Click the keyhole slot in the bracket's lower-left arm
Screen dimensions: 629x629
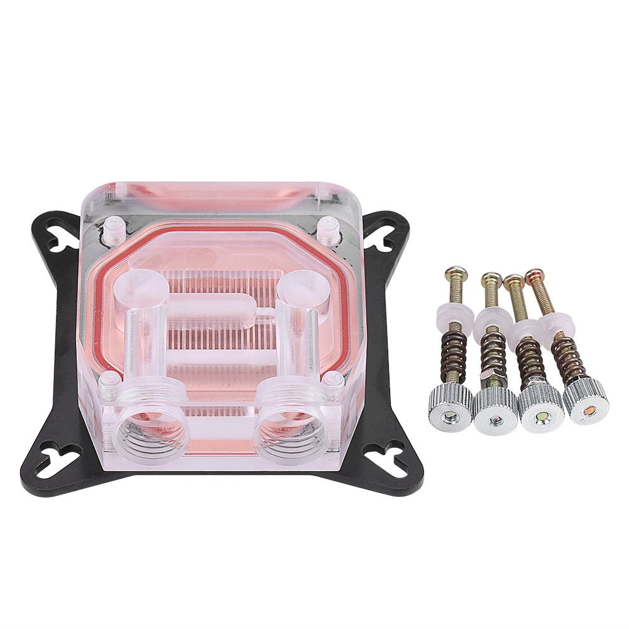[x=59, y=455]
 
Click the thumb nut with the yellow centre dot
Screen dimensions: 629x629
[x=541, y=410]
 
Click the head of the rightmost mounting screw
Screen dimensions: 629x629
[x=533, y=275]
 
